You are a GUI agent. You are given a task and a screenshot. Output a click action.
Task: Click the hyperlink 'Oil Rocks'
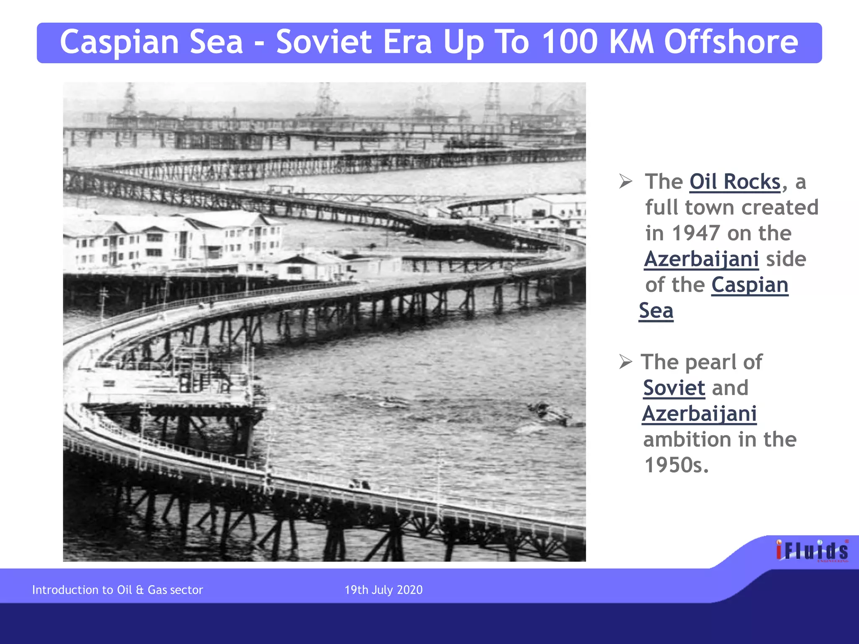click(x=735, y=182)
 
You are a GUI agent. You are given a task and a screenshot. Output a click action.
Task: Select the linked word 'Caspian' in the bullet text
click(x=750, y=285)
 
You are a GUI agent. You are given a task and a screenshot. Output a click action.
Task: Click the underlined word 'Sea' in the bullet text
click(x=656, y=311)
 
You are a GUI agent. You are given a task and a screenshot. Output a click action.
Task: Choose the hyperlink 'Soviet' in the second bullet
click(x=674, y=388)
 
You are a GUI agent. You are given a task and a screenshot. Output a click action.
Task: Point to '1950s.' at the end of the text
click(x=676, y=465)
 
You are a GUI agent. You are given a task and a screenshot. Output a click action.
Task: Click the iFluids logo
click(x=812, y=551)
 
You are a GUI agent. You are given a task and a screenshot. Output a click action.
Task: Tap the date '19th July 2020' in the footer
click(x=383, y=590)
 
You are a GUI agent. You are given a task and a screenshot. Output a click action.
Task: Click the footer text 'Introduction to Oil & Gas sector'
click(x=117, y=590)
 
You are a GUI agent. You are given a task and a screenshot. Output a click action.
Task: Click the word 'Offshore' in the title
click(x=731, y=42)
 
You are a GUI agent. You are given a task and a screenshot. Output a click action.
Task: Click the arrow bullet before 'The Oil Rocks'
click(x=625, y=182)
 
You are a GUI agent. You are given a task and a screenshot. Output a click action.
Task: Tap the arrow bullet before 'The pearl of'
click(x=625, y=361)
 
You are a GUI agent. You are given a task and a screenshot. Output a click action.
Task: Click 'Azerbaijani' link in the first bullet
click(x=701, y=259)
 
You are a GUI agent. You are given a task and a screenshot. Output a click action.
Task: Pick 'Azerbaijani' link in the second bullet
click(x=699, y=414)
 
